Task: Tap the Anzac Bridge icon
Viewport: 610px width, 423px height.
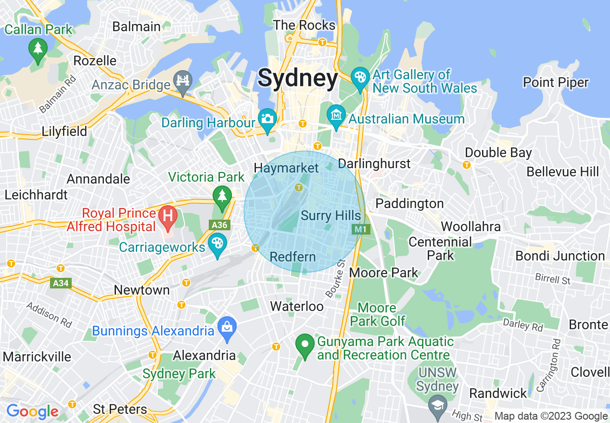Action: tap(183, 80)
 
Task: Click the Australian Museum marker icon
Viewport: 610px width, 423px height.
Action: tap(336, 115)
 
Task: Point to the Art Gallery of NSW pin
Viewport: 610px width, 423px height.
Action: tap(359, 77)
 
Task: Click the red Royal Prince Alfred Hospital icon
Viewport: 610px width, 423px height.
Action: tap(167, 214)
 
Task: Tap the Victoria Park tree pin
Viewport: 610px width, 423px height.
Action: tap(221, 196)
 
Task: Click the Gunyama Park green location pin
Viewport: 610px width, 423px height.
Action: tap(304, 345)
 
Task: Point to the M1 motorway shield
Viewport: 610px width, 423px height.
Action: tap(360, 230)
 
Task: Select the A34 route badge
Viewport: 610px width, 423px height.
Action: tap(61, 283)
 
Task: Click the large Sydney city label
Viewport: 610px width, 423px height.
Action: tap(298, 78)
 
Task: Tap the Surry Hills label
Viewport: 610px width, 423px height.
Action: tap(330, 215)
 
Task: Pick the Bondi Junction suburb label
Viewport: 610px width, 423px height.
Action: tap(560, 256)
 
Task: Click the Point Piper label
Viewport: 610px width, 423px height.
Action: tap(556, 83)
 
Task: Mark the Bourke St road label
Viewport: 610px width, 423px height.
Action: tap(336, 278)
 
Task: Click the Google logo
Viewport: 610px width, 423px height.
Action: tap(32, 411)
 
